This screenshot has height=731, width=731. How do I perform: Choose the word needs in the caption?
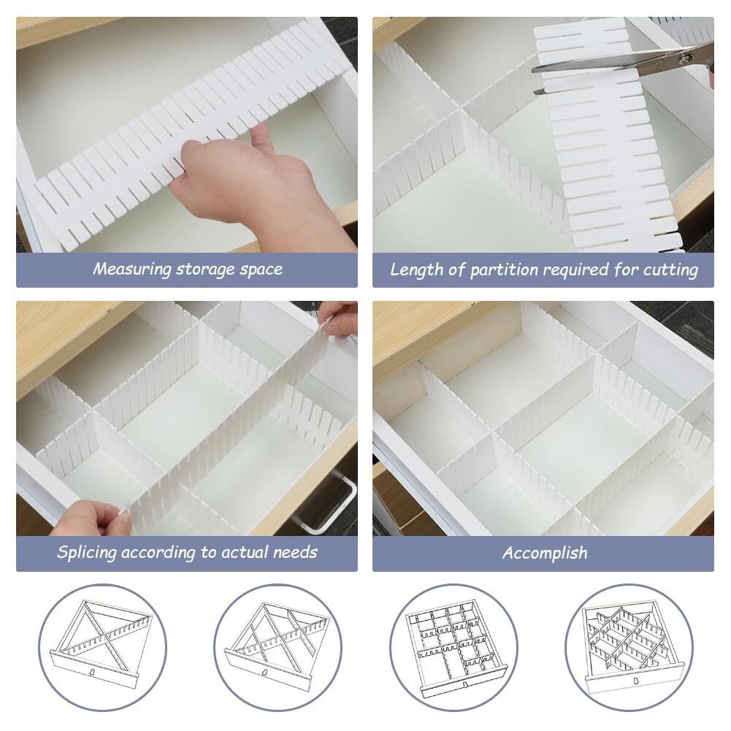[294, 553]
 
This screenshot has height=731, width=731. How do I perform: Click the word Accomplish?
[545, 554]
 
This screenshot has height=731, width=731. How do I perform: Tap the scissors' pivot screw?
[685, 59]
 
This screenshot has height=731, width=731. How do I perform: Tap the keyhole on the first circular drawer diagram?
[93, 673]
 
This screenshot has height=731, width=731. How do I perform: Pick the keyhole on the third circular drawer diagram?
[464, 684]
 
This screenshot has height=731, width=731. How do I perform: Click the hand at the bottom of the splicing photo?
[91, 518]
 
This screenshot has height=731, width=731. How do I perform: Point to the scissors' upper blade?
[606, 65]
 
